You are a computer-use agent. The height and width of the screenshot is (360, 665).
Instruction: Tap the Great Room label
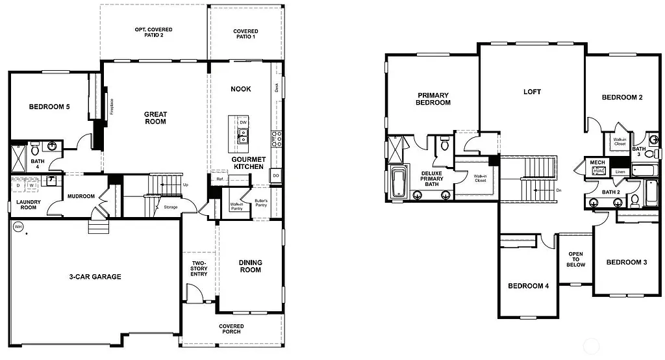(155, 118)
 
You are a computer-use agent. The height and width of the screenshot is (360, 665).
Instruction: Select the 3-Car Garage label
(95, 277)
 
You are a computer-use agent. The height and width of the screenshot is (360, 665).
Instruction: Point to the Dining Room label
(250, 266)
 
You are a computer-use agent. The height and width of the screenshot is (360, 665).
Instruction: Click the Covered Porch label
(231, 329)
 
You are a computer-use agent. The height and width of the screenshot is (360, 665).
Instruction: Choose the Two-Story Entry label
(199, 269)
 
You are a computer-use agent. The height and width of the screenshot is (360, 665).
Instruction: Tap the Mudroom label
(81, 196)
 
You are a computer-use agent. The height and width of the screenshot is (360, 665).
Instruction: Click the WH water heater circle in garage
(18, 227)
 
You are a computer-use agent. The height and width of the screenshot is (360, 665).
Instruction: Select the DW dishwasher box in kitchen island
(243, 122)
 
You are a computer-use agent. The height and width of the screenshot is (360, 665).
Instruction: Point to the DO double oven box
(276, 176)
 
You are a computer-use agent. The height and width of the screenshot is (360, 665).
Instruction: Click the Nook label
(241, 89)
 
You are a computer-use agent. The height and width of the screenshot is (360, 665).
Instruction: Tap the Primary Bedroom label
(433, 99)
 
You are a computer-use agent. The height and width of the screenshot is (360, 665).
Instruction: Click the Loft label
(532, 92)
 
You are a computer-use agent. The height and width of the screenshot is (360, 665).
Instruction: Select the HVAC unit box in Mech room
(598, 171)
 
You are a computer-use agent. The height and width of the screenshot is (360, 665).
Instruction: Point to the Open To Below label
(576, 259)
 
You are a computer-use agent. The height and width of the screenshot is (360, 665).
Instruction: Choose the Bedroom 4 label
(529, 286)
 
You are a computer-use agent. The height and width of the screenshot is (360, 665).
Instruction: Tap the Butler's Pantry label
(261, 203)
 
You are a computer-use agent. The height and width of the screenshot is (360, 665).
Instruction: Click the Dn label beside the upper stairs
(559, 190)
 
